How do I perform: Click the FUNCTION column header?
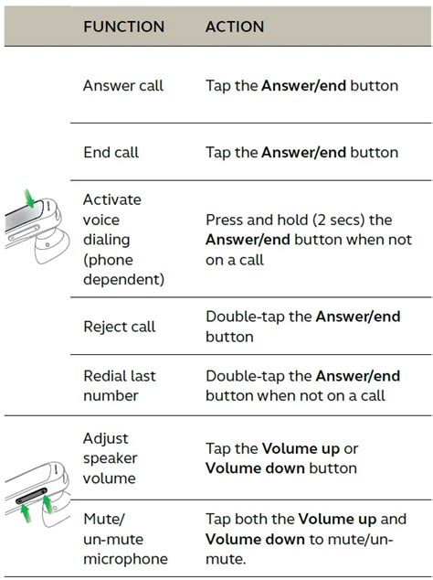[124, 27]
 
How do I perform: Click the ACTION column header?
[236, 27]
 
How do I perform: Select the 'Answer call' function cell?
[123, 86]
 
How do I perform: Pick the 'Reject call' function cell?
[120, 327]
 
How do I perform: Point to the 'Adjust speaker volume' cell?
[110, 458]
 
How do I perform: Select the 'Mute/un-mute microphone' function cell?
[125, 538]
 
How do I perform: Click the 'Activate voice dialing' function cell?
[124, 239]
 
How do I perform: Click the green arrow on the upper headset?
[30, 199]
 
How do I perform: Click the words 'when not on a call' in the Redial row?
[321, 395]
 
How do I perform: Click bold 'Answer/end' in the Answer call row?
[302, 86]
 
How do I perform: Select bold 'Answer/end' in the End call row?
[302, 153]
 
